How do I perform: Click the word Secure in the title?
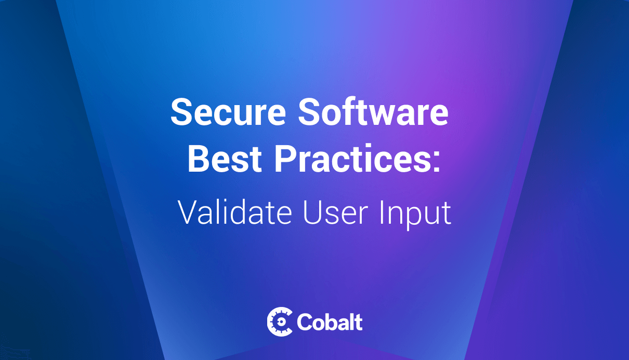click(228, 111)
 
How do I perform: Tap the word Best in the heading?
click(225, 158)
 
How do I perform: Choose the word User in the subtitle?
click(336, 212)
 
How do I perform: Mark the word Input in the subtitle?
click(415, 215)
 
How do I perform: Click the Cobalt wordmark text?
click(330, 322)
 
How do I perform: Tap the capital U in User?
click(312, 213)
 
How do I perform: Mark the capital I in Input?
click(382, 212)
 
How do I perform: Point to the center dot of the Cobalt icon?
click(280, 322)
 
